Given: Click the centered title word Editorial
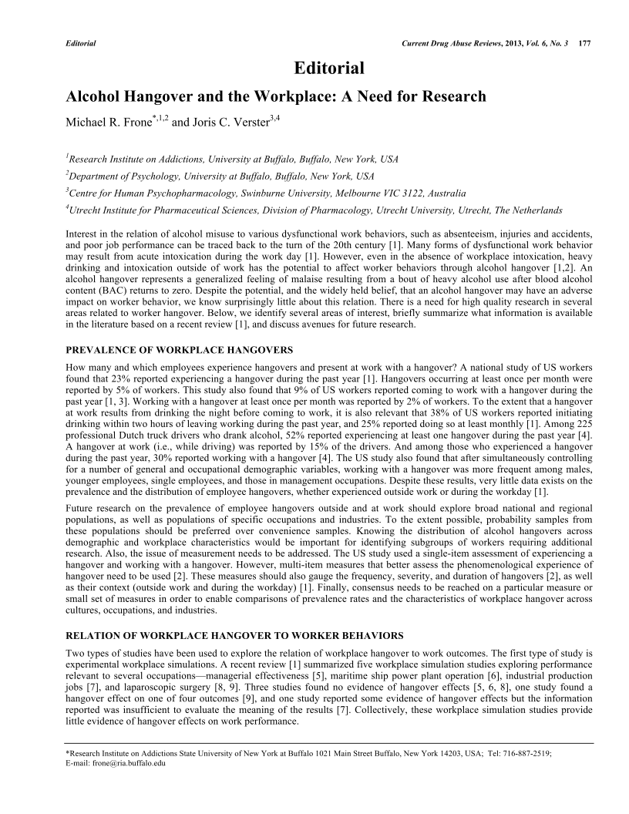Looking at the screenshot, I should point(329,69).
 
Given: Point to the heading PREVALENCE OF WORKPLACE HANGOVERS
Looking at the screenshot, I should point(180,349).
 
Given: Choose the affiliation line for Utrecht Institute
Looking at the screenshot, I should point(314,210).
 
